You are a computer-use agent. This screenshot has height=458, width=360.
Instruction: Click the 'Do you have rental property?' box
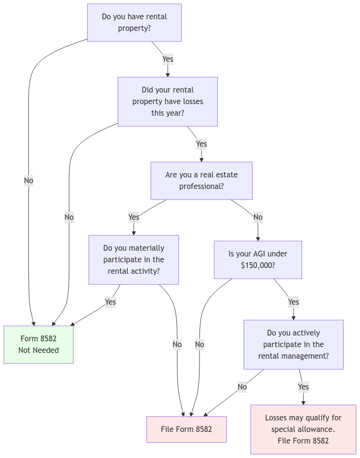pos(134,23)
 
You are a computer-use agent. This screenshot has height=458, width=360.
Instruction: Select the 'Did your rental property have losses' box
pos(167,102)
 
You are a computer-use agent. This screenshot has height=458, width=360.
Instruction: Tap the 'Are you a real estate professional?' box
pos(201,181)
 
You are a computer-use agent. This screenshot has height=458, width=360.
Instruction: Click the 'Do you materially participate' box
pos(133,260)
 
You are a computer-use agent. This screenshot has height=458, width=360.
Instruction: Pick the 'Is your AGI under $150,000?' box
pos(258,260)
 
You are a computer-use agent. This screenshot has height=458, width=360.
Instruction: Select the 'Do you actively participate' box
pos(293,345)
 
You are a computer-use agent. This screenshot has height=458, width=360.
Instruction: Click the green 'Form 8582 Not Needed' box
pos(39,345)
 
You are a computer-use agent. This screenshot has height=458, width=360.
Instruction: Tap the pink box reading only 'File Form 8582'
pos(187,430)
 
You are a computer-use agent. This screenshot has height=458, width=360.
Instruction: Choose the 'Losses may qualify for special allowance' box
pos(303,430)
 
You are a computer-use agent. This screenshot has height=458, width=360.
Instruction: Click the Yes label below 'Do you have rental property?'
pos(168,59)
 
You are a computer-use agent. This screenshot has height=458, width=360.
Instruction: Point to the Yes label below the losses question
pos(201,144)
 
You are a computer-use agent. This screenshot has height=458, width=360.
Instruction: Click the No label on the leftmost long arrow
pos(28,181)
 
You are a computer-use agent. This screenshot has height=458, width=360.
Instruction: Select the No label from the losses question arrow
pos(69,217)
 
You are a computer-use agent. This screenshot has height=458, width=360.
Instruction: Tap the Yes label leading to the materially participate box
pos(134,217)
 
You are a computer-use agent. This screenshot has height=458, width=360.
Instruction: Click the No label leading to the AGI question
pos(258,217)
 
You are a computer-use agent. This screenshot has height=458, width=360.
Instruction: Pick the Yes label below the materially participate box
pos(110,302)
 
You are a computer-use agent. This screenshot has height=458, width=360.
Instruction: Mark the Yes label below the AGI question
pos(293,302)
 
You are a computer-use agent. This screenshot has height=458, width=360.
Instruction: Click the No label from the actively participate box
pos(242,387)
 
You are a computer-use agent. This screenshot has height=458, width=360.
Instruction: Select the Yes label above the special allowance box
pos(303,387)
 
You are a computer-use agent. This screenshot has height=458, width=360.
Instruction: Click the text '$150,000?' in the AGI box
pos(258,266)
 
